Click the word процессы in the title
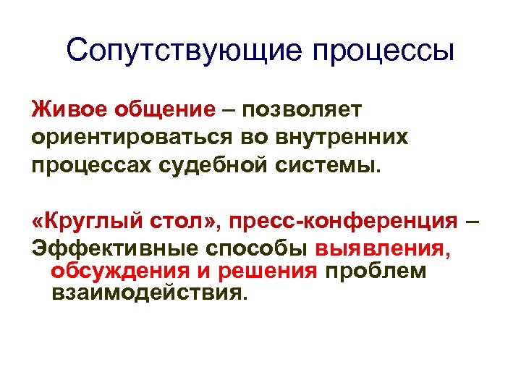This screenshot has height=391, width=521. click(x=384, y=52)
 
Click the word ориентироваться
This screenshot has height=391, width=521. click(x=133, y=138)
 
